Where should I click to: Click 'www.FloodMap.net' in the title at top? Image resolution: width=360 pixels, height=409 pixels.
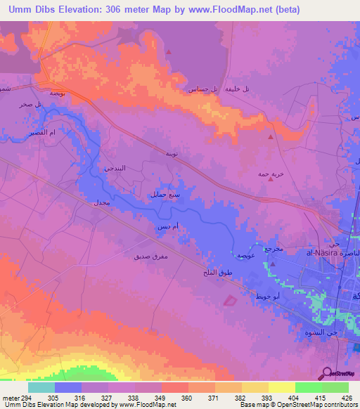[219, 9]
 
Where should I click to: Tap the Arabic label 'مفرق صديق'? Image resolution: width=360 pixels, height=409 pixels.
[150, 258]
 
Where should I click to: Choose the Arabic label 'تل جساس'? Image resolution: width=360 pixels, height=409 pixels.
[200, 89]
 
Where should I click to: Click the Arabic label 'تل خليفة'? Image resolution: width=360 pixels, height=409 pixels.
[237, 89]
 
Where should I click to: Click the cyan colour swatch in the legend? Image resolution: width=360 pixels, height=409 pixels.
[41, 387]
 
